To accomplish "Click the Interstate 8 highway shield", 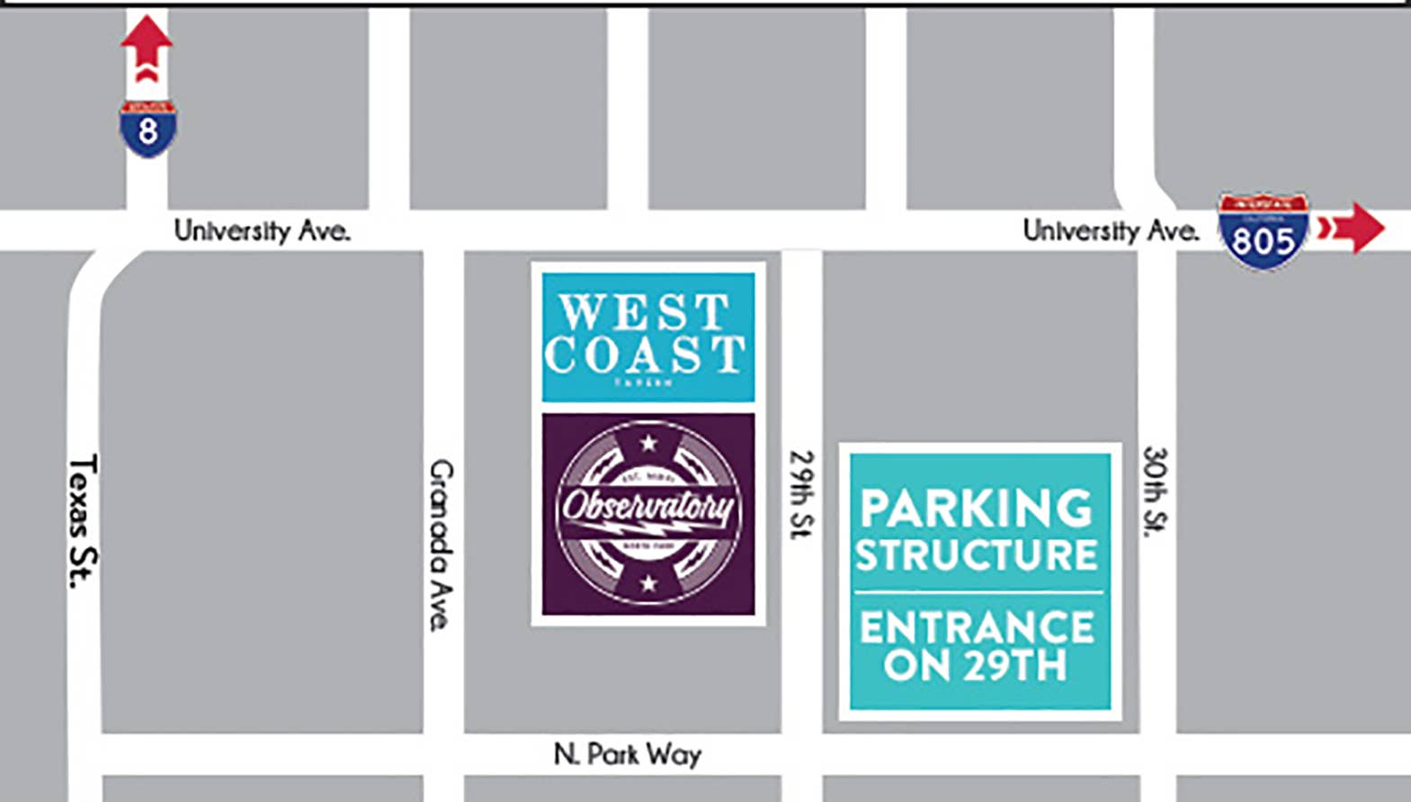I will click(x=147, y=130).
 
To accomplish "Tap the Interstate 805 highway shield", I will click(x=1263, y=232).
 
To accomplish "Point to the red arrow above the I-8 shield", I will click(x=147, y=49).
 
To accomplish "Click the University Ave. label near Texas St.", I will click(x=262, y=231).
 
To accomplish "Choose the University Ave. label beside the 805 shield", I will click(x=1111, y=231).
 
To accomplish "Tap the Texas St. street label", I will click(x=84, y=521).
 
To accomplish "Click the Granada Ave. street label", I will click(x=441, y=545).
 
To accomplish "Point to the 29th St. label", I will click(x=800, y=494).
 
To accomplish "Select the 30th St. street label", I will click(x=1155, y=491).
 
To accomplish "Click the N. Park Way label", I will click(x=627, y=754).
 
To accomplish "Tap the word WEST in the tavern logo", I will click(x=644, y=312).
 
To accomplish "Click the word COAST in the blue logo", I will click(x=646, y=355).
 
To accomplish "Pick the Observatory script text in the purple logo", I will click(x=648, y=507).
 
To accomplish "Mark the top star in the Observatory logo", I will click(x=648, y=443).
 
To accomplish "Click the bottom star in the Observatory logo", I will click(x=648, y=583).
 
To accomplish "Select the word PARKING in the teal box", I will click(x=976, y=508).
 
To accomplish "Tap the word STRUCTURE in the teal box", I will click(x=977, y=554).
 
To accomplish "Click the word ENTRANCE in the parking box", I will click(x=977, y=627).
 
